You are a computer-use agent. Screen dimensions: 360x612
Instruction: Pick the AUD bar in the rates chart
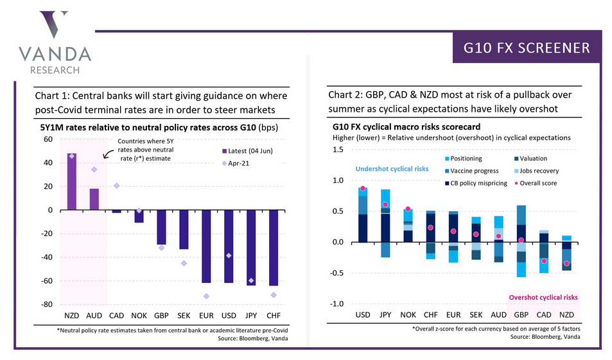pos(94,199)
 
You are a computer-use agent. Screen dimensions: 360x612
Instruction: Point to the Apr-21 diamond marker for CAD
pos(116,186)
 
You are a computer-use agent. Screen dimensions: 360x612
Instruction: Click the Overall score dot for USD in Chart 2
pos(363,189)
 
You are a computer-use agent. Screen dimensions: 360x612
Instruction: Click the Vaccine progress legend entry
pos(474,171)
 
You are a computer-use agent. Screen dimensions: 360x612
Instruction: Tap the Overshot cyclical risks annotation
pos(543,297)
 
